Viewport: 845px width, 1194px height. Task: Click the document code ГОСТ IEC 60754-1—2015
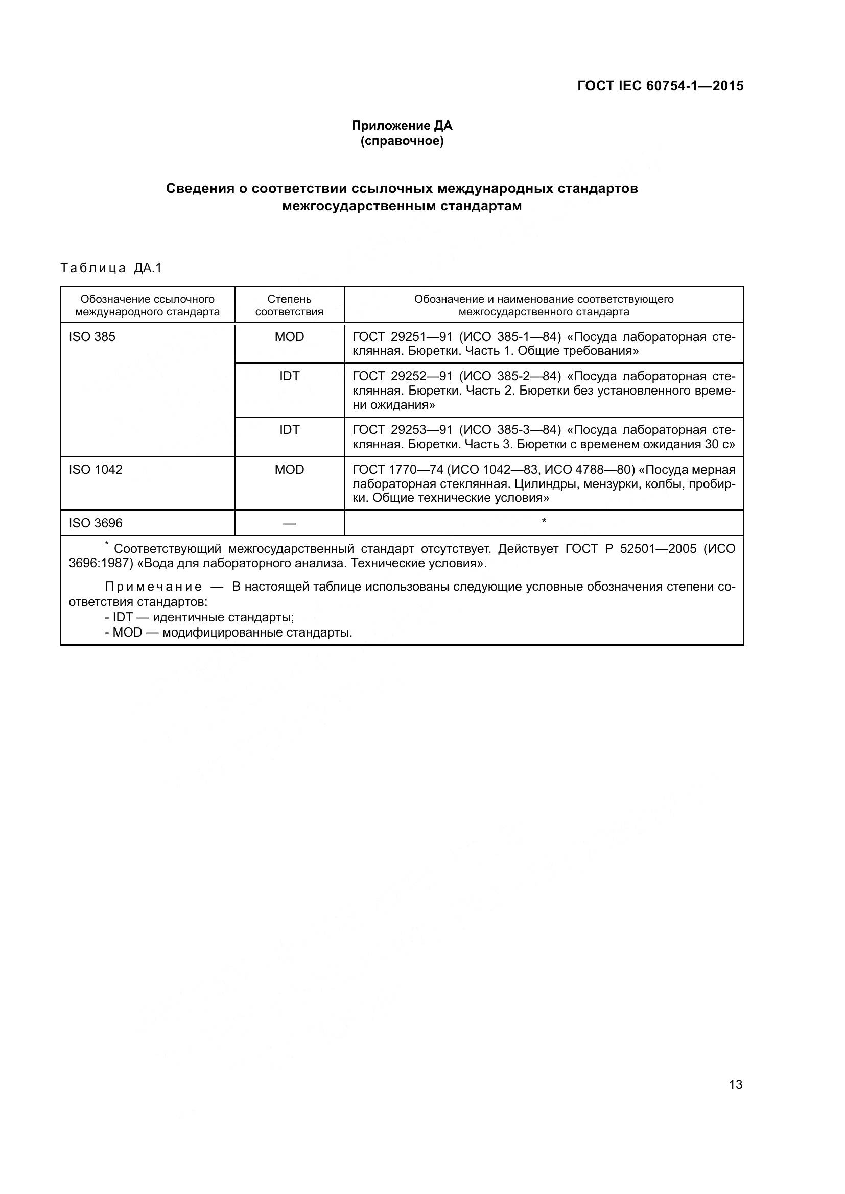click(660, 86)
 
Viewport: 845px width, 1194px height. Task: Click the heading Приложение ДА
click(402, 126)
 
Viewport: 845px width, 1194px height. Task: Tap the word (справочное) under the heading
click(402, 141)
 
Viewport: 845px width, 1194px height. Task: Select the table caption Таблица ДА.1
click(111, 268)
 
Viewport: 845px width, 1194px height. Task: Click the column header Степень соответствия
click(289, 305)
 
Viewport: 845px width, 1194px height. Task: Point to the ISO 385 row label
click(92, 337)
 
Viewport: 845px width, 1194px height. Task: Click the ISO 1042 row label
click(96, 470)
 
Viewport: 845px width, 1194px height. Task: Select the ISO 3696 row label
click(96, 523)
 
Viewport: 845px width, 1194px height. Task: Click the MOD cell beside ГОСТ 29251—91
click(289, 337)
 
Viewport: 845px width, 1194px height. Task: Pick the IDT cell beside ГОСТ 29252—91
click(289, 376)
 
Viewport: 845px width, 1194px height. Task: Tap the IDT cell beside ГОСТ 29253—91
click(289, 429)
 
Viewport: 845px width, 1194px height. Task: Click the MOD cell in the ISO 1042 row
click(289, 470)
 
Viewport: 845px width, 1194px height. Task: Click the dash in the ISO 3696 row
click(289, 524)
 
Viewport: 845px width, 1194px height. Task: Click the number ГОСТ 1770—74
click(398, 470)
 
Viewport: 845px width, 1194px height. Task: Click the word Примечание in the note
click(153, 587)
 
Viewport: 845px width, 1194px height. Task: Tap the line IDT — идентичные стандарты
click(200, 617)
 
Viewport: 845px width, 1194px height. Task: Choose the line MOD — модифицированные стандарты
click(229, 633)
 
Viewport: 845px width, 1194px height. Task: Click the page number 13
click(736, 1085)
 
